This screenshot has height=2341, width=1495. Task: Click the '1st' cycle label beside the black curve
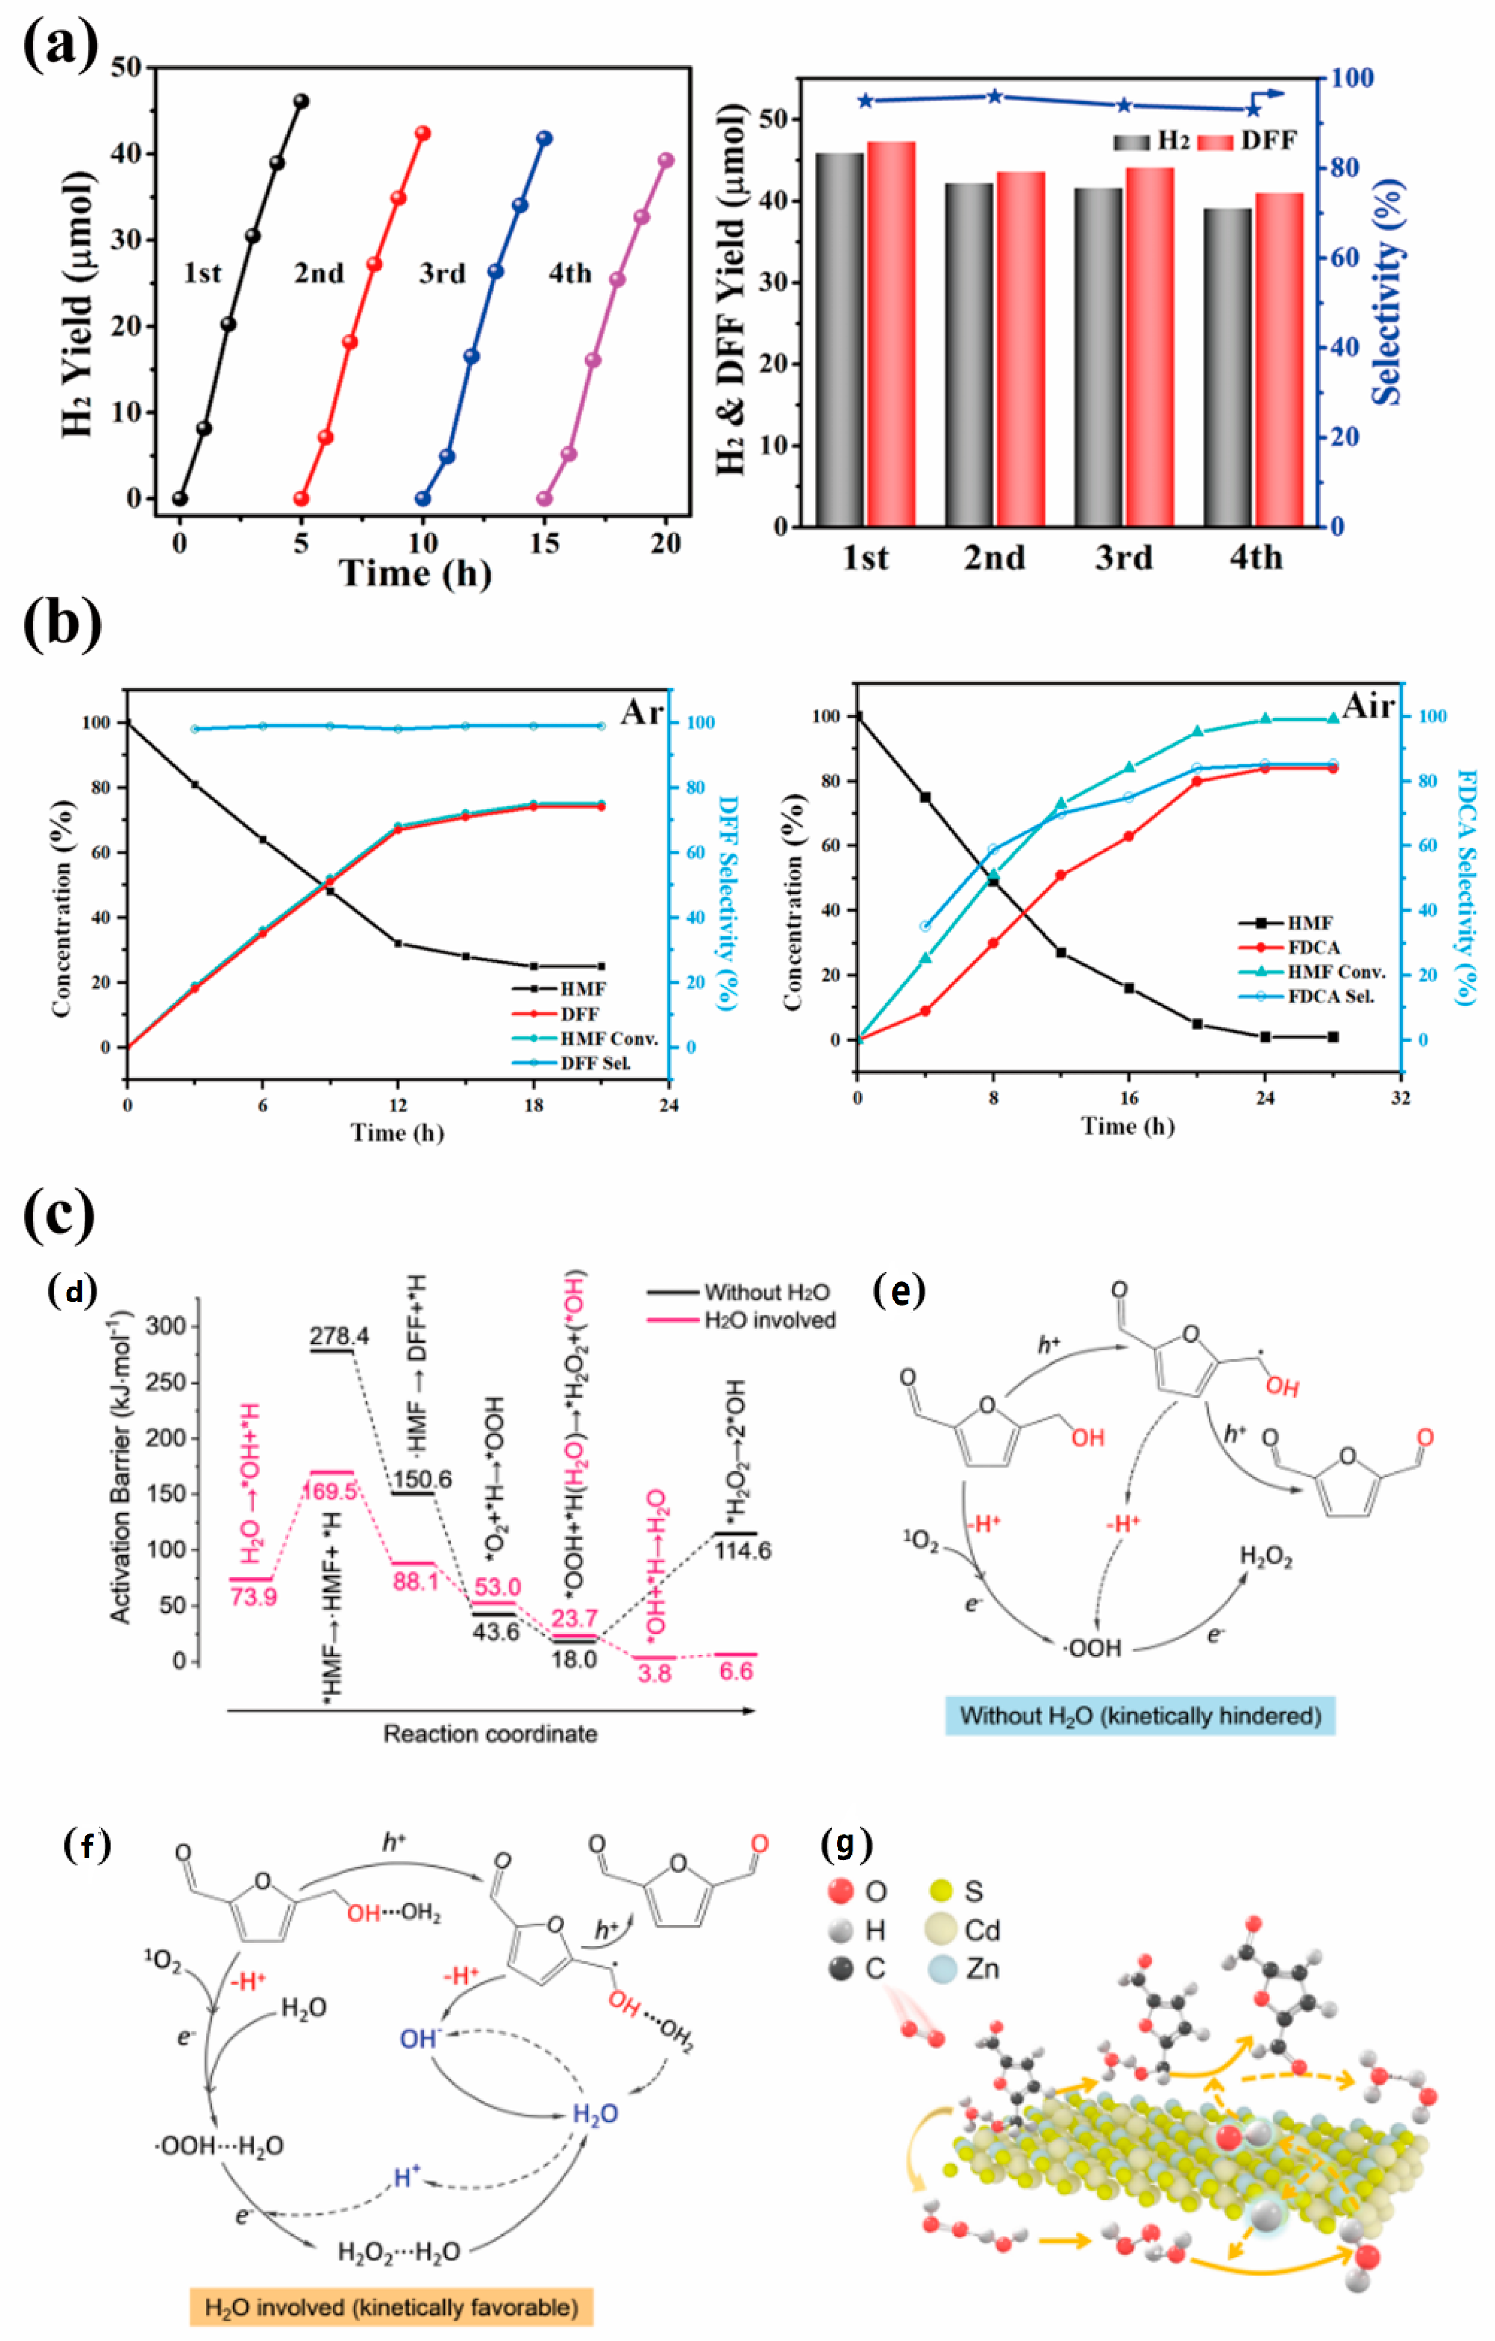pos(202,273)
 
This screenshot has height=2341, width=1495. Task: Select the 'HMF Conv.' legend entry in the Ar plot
pos(608,1038)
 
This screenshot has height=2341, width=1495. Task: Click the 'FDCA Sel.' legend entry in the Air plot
pos(1330,996)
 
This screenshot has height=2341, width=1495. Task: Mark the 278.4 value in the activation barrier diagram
pos(339,1336)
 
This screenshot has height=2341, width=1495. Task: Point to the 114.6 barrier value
pos(743,1551)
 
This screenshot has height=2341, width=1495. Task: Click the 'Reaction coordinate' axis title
pos(490,1733)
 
